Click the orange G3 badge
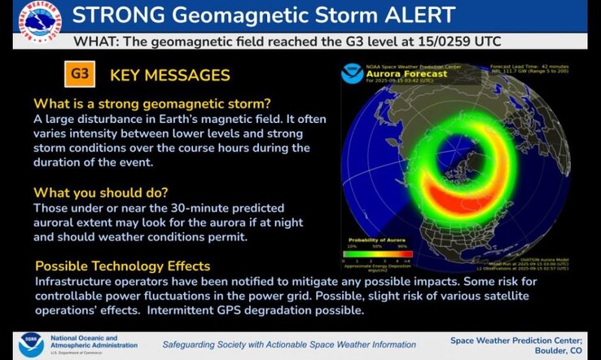point(79,75)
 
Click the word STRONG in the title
point(121,15)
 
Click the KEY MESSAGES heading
point(169,76)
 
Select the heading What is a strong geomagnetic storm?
point(151,103)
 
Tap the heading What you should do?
point(101,193)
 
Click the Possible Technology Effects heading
point(122,266)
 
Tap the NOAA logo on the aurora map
point(352,74)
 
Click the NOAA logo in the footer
point(31,345)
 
